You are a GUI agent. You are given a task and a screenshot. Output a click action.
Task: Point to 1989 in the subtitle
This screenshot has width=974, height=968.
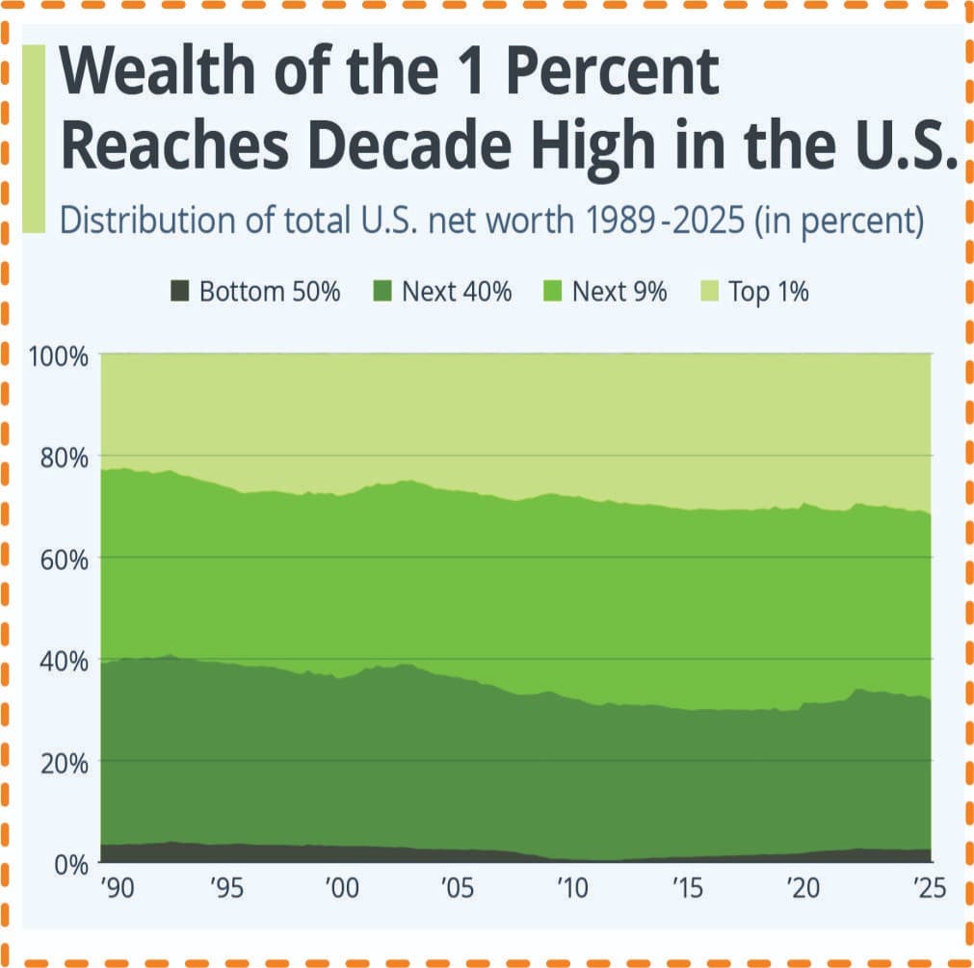point(620,220)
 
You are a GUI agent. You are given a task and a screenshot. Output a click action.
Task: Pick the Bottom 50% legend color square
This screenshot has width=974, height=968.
point(179,291)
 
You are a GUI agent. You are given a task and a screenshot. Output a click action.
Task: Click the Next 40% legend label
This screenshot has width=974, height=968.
point(457,291)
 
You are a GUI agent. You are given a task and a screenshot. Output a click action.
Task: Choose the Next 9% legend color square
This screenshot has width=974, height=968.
point(552,291)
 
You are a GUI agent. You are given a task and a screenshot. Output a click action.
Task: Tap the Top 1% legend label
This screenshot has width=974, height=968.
point(769,291)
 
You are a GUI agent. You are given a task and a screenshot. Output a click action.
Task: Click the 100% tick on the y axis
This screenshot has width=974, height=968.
point(58,357)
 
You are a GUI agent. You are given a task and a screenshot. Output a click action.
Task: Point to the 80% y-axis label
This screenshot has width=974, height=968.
point(64,458)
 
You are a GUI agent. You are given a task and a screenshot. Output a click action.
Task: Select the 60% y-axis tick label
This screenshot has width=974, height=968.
point(64,560)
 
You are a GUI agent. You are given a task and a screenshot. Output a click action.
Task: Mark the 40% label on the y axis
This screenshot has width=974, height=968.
point(64,662)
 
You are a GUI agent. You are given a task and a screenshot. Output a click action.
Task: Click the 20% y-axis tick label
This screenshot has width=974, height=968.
point(64,763)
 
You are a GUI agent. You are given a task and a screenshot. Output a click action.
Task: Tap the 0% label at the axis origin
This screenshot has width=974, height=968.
point(71,864)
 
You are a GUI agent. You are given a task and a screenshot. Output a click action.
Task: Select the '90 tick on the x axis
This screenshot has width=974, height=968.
point(117,888)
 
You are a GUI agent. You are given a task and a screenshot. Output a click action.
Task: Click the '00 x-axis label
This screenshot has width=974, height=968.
point(342,888)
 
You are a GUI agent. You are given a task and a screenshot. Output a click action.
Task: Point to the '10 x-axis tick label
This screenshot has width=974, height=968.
point(571,888)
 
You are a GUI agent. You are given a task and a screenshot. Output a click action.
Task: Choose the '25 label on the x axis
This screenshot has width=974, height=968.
point(930,888)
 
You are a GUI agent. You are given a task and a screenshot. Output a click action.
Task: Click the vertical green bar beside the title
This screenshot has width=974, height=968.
point(34,139)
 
